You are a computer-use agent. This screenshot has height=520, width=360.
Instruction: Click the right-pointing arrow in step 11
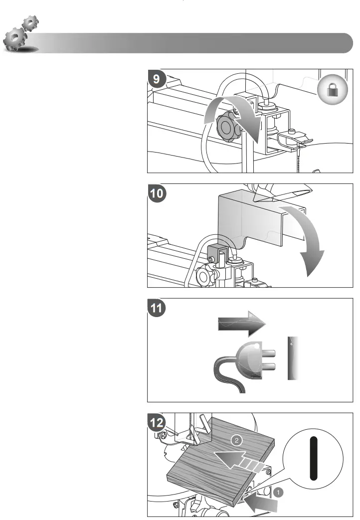(242, 325)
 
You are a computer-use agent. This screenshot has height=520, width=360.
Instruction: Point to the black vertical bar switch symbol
(313, 458)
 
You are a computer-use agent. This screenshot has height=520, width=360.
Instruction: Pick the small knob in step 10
(204, 275)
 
